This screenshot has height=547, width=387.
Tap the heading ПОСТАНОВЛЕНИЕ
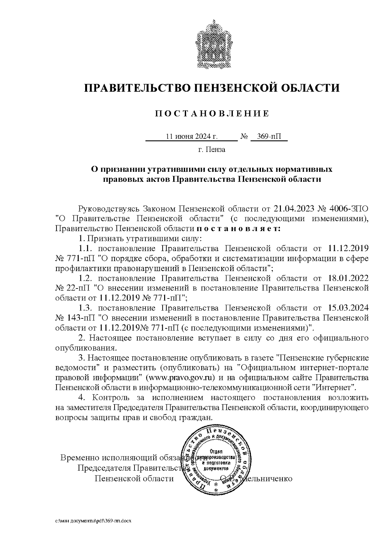pos(212,113)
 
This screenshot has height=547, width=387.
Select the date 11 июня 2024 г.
pos(192,136)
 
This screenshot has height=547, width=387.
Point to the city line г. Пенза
pos(212,150)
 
